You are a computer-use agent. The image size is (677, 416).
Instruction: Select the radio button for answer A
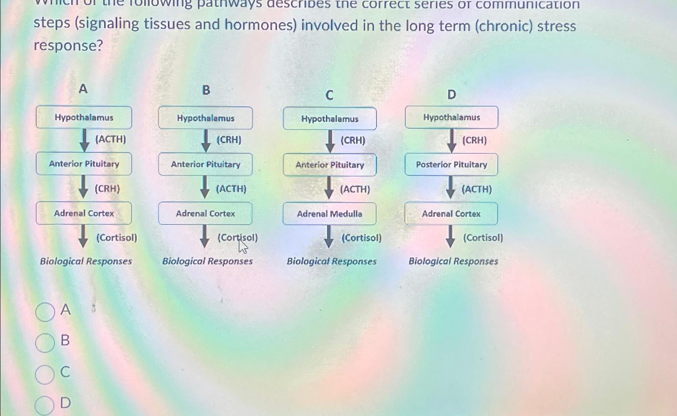pyautogui.click(x=45, y=312)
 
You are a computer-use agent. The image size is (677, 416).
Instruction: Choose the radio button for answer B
pyautogui.click(x=45, y=343)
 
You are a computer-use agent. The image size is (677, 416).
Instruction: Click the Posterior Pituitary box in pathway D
pyautogui.click(x=451, y=165)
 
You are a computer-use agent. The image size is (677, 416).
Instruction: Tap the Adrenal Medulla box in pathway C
pyautogui.click(x=329, y=214)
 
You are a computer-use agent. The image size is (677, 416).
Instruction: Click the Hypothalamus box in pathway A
pyautogui.click(x=84, y=117)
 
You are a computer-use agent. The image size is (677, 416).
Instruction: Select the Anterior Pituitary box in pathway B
pyautogui.click(x=206, y=164)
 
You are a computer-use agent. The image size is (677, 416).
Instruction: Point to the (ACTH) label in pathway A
pyautogui.click(x=111, y=139)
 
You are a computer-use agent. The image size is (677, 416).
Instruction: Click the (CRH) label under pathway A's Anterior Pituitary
pyautogui.click(x=107, y=189)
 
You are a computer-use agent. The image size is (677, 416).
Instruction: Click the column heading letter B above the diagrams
pyautogui.click(x=206, y=90)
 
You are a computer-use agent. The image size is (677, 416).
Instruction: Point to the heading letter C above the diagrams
pyautogui.click(x=329, y=95)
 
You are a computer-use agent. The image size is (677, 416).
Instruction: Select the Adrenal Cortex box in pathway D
pyautogui.click(x=451, y=214)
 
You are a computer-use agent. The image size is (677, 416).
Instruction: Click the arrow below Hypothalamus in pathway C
pyautogui.click(x=330, y=141)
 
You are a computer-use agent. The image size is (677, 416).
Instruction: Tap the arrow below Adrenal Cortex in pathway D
pyautogui.click(x=451, y=236)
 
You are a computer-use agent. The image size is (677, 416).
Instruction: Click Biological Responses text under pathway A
pyautogui.click(x=86, y=261)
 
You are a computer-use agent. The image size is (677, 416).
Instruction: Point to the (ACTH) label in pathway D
pyautogui.click(x=477, y=189)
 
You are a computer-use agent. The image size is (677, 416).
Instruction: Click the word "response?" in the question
pyautogui.click(x=68, y=45)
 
